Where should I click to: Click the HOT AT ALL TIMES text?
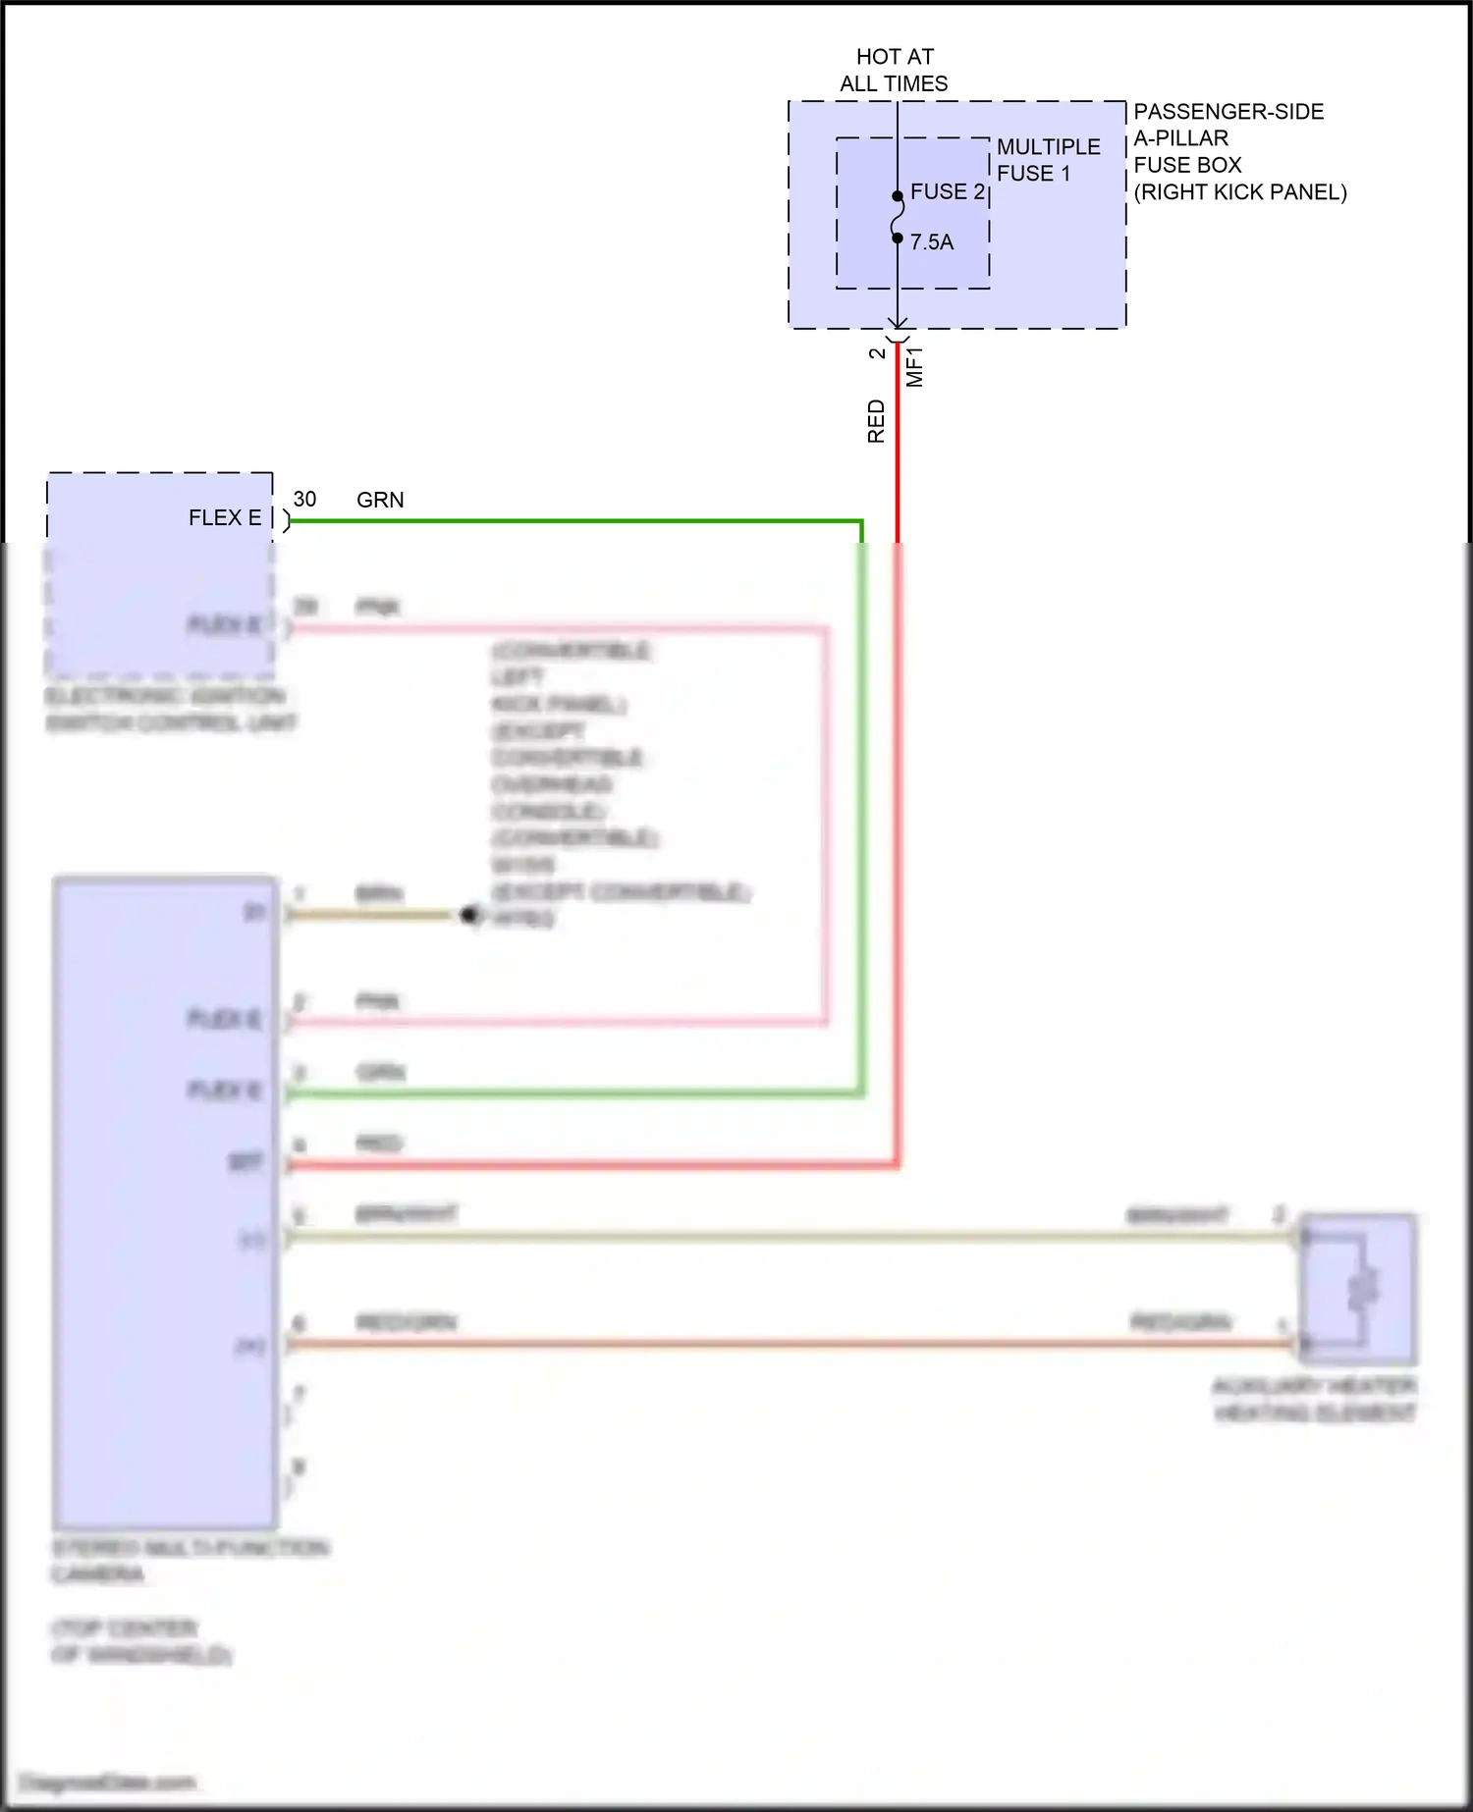point(894,70)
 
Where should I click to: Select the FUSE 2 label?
point(947,191)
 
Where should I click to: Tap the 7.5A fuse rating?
point(931,241)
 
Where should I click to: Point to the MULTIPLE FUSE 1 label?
point(1048,160)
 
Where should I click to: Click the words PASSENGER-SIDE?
point(1228,112)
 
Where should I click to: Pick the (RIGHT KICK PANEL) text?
point(1239,192)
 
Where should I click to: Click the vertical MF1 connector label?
point(914,366)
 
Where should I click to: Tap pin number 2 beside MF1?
point(877,353)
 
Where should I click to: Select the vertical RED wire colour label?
point(876,421)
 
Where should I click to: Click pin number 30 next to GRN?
point(304,499)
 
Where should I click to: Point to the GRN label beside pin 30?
point(380,500)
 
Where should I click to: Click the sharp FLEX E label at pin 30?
point(225,517)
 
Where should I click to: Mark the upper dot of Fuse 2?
point(898,196)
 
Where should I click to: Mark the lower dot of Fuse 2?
point(898,238)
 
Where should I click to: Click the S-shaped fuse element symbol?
point(898,217)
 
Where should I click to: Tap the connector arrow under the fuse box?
point(898,324)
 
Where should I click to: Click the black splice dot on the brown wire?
point(469,915)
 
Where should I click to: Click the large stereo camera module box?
point(165,1202)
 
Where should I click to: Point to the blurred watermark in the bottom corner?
point(108,1782)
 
